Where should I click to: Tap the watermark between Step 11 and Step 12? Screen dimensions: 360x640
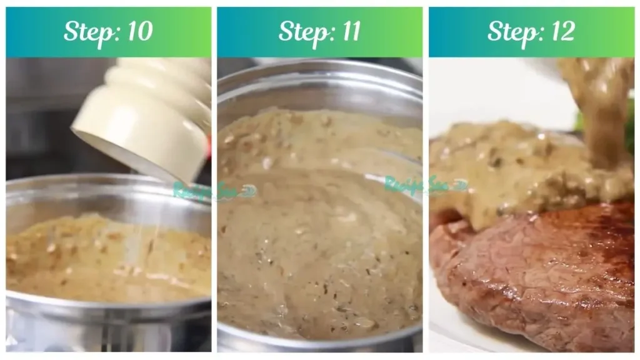point(426,184)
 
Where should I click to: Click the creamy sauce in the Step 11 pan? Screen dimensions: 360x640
point(319,250)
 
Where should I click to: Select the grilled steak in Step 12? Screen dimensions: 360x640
point(537,275)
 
